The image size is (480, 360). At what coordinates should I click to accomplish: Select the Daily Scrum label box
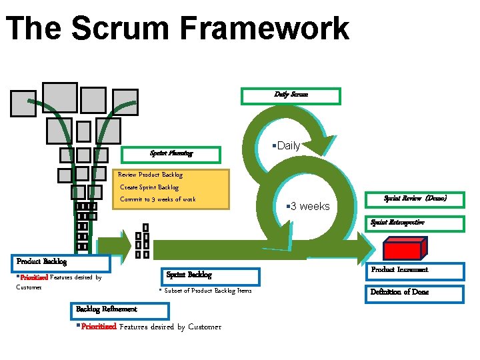(291, 96)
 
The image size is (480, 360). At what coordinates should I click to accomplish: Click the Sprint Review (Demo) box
(415, 199)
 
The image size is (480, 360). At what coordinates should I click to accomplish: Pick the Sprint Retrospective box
(415, 223)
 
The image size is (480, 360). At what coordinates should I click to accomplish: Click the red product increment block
(402, 249)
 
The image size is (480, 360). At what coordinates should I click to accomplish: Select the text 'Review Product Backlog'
(150, 175)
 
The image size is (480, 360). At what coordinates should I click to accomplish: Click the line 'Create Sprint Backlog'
(149, 187)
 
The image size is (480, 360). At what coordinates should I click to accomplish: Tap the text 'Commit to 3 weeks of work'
(158, 199)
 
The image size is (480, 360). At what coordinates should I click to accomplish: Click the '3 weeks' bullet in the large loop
(308, 207)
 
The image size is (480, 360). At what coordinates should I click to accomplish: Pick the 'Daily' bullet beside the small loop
(287, 145)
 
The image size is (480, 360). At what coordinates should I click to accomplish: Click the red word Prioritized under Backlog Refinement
(98, 327)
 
